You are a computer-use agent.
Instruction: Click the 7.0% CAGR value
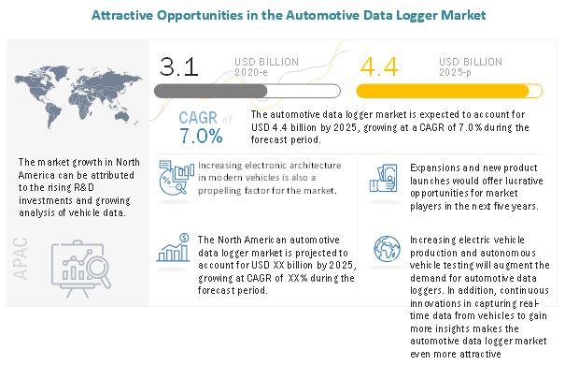(202, 136)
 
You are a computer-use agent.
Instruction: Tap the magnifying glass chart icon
(80, 266)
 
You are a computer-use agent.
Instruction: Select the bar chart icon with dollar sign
(175, 247)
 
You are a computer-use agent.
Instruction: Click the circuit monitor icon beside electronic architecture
(176, 174)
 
